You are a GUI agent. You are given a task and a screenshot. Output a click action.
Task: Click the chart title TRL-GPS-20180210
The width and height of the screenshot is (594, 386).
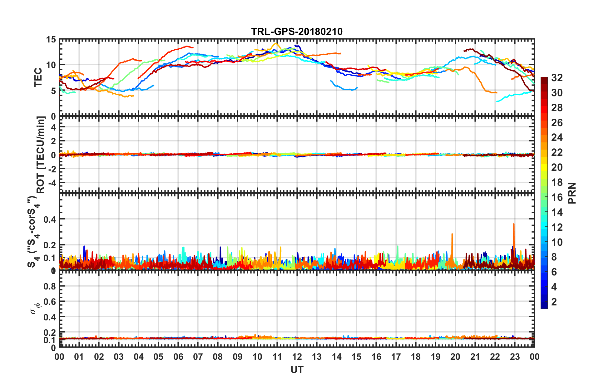pyautogui.click(x=297, y=32)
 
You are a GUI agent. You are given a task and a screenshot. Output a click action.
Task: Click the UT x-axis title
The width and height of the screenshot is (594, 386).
pyautogui.click(x=297, y=370)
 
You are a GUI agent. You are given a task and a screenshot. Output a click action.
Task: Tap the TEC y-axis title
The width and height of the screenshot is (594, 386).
pyautogui.click(x=38, y=77)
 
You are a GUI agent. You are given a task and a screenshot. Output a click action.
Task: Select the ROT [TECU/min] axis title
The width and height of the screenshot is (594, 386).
pyautogui.click(x=41, y=155)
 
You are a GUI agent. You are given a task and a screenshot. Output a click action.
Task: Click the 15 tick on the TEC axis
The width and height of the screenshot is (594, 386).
pyautogui.click(x=51, y=40)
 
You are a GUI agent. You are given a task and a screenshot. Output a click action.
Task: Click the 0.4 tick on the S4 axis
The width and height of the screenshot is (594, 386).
pyautogui.click(x=50, y=219)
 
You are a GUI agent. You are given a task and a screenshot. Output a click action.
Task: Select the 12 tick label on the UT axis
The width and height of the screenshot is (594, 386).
pyautogui.click(x=297, y=357)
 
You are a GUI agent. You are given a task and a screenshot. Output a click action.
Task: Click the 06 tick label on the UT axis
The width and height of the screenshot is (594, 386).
pyautogui.click(x=178, y=357)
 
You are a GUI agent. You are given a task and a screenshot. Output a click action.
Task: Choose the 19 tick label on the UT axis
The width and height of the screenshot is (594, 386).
pyautogui.click(x=435, y=357)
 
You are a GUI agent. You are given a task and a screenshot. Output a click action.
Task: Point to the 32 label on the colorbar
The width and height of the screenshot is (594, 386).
pyautogui.click(x=557, y=78)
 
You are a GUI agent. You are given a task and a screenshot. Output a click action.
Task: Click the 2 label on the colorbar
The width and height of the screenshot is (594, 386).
pyautogui.click(x=554, y=302)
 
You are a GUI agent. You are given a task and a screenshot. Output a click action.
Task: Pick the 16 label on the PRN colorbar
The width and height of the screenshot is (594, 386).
pyautogui.click(x=557, y=197)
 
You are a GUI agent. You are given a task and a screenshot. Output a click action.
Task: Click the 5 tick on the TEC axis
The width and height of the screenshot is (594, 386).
pyautogui.click(x=53, y=91)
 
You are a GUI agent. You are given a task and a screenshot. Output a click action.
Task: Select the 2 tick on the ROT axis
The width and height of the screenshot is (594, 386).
pyautogui.click(x=53, y=141)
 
